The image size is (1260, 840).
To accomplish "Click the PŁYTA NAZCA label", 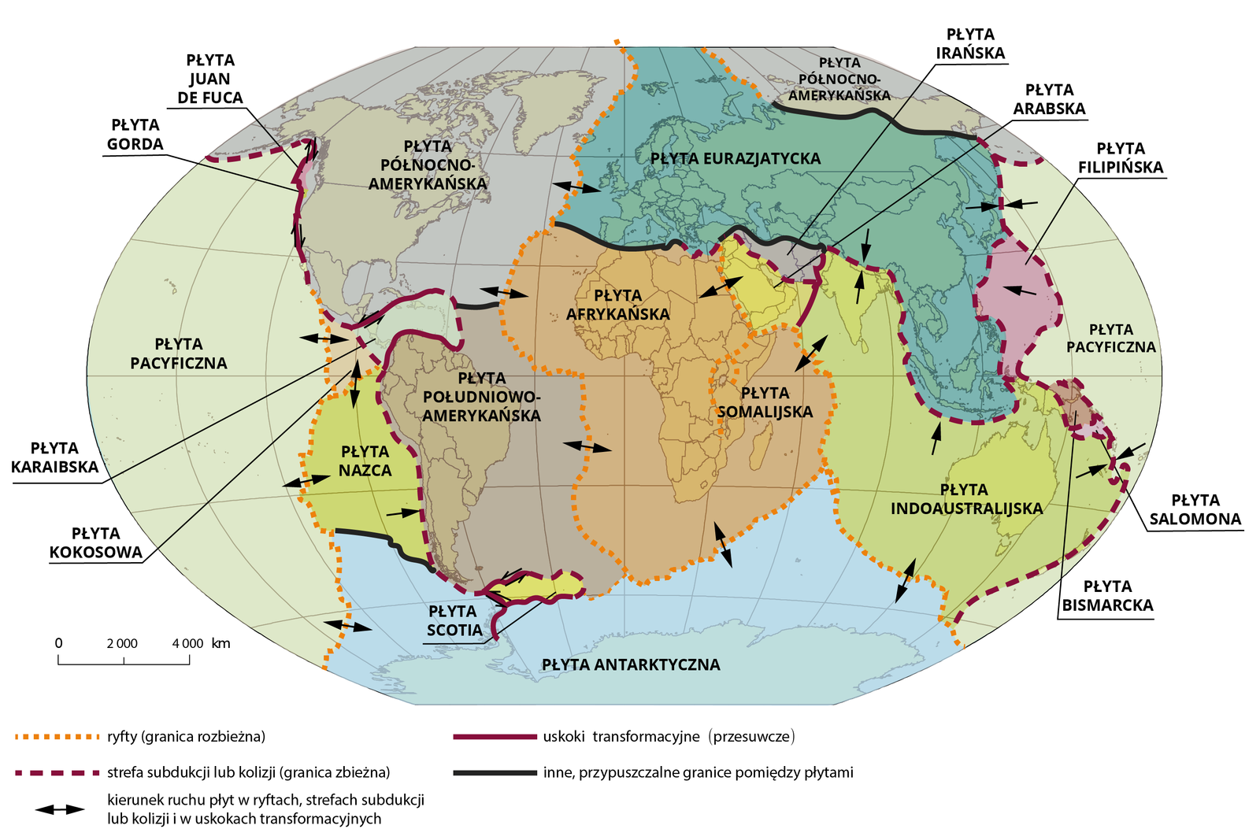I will point(365,461).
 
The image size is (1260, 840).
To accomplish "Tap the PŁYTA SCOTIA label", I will point(454,620).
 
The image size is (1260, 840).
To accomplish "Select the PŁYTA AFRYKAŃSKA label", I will point(617,305).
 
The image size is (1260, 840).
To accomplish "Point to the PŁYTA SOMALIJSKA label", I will point(765,401).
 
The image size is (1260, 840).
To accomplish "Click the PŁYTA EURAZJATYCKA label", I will point(735,158).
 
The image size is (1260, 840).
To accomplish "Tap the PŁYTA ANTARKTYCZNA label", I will point(631,664).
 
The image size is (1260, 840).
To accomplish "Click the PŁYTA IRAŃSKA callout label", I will point(970,44).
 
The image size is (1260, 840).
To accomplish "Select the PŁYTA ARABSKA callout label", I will point(1049,99).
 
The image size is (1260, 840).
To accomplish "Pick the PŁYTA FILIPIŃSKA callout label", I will point(1120,157).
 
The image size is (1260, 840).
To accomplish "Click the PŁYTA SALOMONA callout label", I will point(1195,509).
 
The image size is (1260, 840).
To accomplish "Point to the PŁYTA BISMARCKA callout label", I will point(1107,596).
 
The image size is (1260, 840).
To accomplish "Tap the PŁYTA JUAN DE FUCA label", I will point(209,79).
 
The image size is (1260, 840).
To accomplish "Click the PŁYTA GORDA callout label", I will point(135,135).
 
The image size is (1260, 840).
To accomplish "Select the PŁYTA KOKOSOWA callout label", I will point(95,543).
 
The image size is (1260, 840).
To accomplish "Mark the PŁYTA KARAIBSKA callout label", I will point(54,457).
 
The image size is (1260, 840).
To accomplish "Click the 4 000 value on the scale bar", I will point(187,643).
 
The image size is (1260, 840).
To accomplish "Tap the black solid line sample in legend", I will point(494,772).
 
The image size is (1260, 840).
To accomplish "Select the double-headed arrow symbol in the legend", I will point(59,809).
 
